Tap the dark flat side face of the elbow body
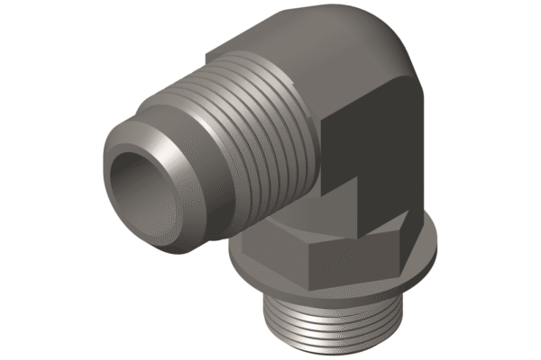tap(379, 144)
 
